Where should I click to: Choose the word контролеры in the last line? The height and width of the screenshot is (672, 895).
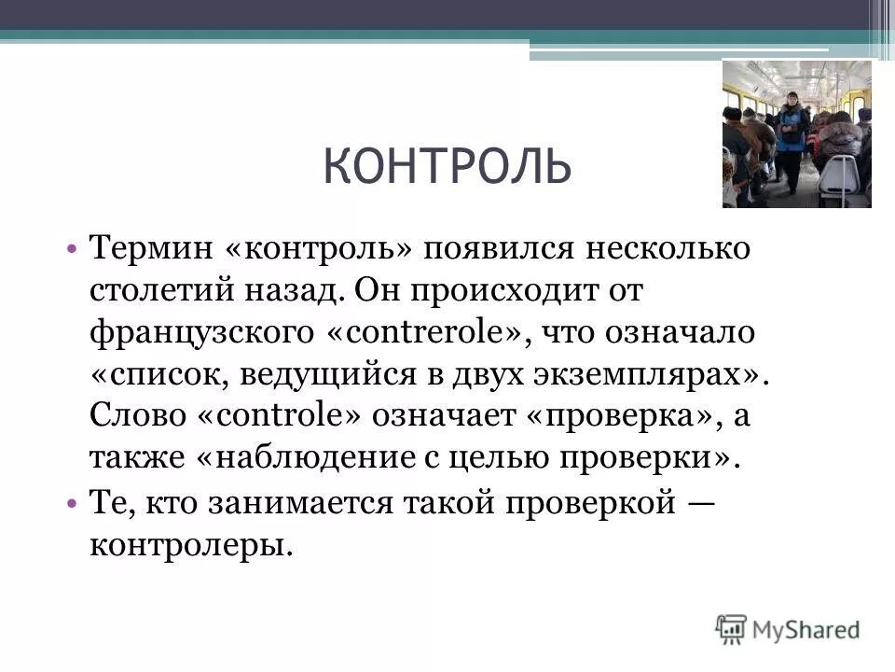[191, 543]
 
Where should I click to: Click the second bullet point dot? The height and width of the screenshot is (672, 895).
[72, 502]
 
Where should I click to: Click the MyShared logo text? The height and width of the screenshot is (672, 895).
[807, 629]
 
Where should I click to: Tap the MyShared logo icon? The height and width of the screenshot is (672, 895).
[732, 627]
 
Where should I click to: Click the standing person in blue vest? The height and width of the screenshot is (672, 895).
[792, 125]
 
